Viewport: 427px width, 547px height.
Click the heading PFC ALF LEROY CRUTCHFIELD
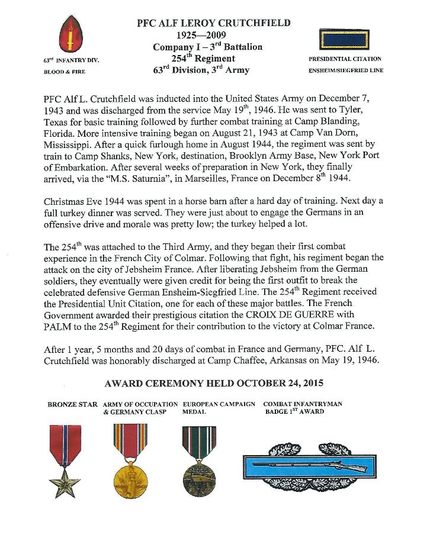point(214,23)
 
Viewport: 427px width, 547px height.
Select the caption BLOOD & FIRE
point(65,72)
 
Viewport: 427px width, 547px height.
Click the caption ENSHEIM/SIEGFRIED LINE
point(346,70)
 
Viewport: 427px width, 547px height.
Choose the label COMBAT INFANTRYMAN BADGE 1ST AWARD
point(303,407)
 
